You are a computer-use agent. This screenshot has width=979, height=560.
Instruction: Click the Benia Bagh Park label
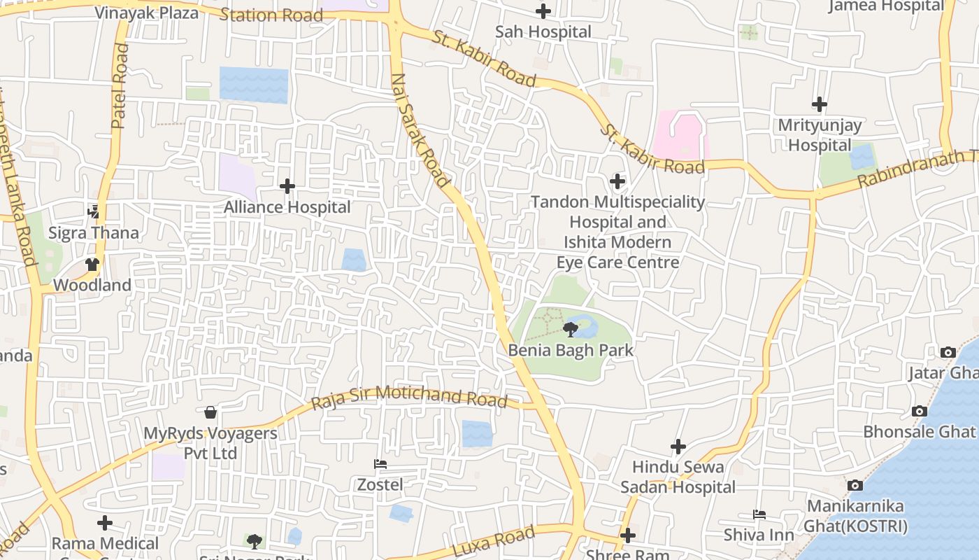[571, 350]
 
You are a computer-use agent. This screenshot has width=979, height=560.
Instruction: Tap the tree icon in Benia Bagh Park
[571, 328]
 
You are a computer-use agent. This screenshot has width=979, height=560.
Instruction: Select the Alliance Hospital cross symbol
[287, 186]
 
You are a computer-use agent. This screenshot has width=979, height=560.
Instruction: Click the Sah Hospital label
[543, 31]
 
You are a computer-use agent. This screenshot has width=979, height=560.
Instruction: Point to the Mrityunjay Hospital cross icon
[819, 105]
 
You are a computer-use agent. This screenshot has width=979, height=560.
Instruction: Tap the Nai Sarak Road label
[420, 130]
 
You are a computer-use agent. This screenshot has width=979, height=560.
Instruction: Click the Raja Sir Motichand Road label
[408, 397]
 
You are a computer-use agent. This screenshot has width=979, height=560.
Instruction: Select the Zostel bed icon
[380, 464]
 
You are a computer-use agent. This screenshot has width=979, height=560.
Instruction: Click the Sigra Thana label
[94, 232]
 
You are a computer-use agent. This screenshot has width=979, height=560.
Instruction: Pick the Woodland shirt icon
[92, 265]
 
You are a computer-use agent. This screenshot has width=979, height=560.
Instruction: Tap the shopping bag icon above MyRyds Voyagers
[210, 412]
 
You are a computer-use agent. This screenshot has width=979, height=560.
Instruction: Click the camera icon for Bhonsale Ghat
[919, 411]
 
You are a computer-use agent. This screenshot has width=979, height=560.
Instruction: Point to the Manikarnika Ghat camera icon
[855, 485]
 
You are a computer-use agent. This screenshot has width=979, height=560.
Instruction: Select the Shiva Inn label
[759, 535]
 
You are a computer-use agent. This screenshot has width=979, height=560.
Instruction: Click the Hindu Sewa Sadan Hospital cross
[678, 447]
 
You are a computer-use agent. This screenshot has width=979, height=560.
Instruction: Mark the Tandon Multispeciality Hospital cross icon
[617, 182]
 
